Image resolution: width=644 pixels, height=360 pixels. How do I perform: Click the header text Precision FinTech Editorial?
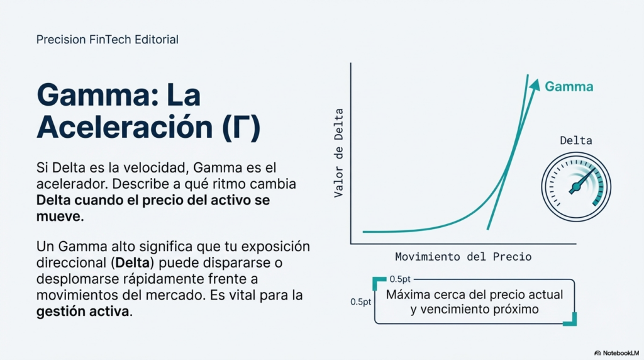(x=108, y=40)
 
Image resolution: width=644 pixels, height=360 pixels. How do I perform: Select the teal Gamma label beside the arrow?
(x=569, y=87)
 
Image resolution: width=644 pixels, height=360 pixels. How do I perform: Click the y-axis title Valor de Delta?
(x=339, y=154)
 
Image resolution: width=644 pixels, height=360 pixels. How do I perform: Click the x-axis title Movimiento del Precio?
(x=463, y=257)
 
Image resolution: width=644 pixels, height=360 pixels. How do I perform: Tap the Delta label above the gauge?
(x=575, y=140)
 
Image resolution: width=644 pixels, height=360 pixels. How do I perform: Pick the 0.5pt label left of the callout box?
(x=360, y=301)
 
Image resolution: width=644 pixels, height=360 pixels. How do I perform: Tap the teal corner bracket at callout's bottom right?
(x=571, y=320)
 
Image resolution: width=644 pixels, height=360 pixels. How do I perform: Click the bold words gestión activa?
(x=84, y=312)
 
